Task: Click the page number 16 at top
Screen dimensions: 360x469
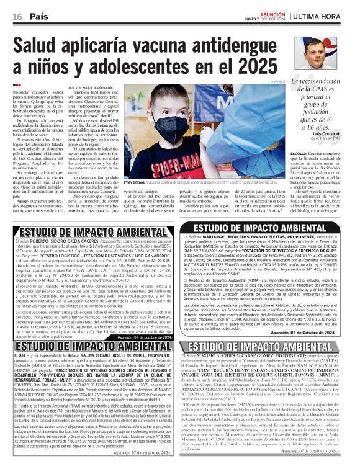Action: tap(17, 17)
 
